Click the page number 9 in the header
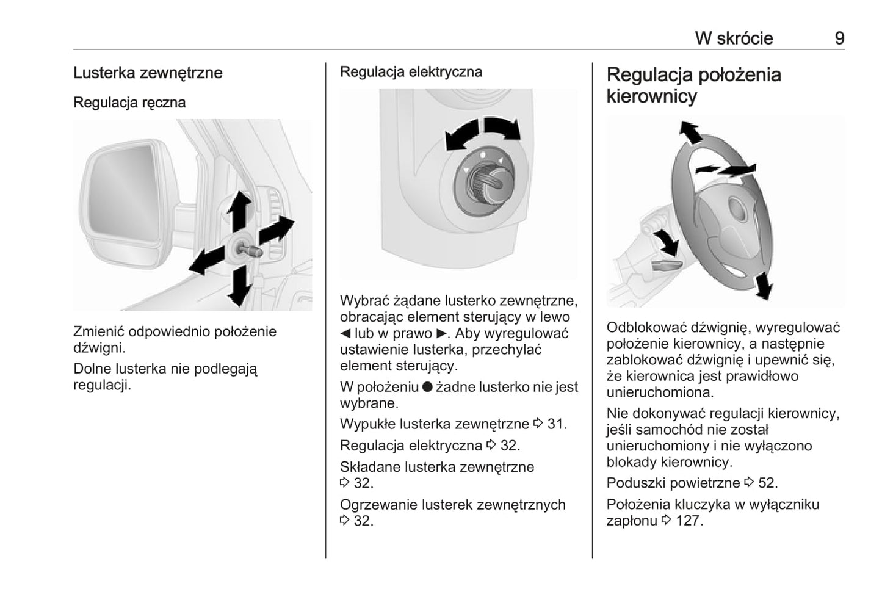[x=839, y=38]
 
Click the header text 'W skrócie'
[x=734, y=38]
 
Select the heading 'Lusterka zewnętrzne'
[x=148, y=73]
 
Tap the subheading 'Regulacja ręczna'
[x=129, y=102]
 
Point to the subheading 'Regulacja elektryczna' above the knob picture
[x=411, y=71]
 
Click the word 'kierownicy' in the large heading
[x=651, y=96]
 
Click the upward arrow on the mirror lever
[x=239, y=209]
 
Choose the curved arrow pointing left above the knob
[x=461, y=136]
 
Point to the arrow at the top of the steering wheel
[x=690, y=132]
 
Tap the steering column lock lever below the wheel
[x=665, y=264]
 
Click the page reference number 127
[x=689, y=521]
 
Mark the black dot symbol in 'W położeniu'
[x=427, y=387]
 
